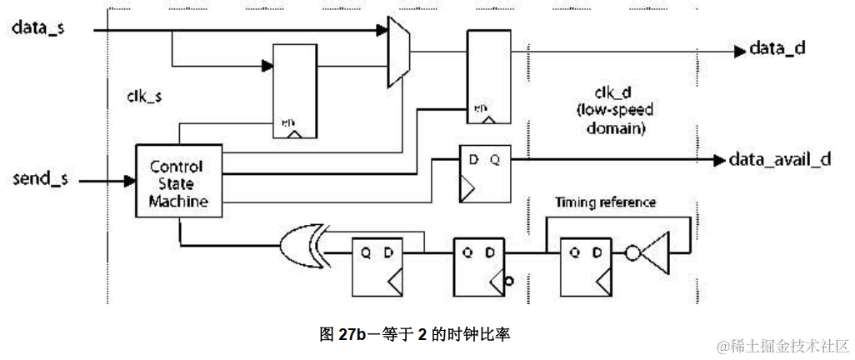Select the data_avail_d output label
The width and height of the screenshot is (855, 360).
pyautogui.click(x=780, y=160)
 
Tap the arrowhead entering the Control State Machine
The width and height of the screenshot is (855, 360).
pyautogui.click(x=129, y=179)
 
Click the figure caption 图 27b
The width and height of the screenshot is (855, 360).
pyautogui.click(x=414, y=335)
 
